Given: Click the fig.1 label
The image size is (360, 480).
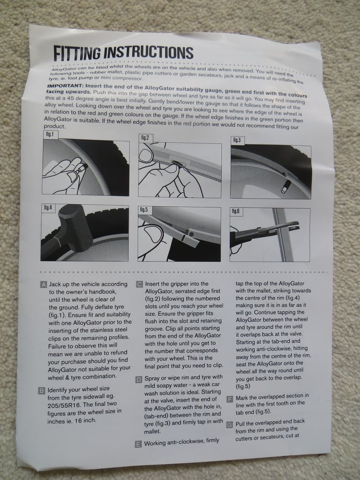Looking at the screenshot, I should point(49,134).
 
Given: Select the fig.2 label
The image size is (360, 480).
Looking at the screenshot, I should point(144,137).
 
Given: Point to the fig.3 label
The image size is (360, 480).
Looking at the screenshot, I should point(236,140).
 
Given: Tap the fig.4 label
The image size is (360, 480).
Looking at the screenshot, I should point(48,208).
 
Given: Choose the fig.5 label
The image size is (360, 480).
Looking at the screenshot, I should point(143,210).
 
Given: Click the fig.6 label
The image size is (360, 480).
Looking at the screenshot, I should point(235,211).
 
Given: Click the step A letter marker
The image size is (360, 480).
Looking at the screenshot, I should point(44,285).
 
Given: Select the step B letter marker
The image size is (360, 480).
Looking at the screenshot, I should point(42,390).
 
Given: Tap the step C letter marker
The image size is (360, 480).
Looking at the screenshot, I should point(139,284).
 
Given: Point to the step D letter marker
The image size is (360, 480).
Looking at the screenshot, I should point(139,379).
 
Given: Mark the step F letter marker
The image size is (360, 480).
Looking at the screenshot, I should point(230,399).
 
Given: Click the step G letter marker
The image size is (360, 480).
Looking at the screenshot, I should point(230,425).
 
